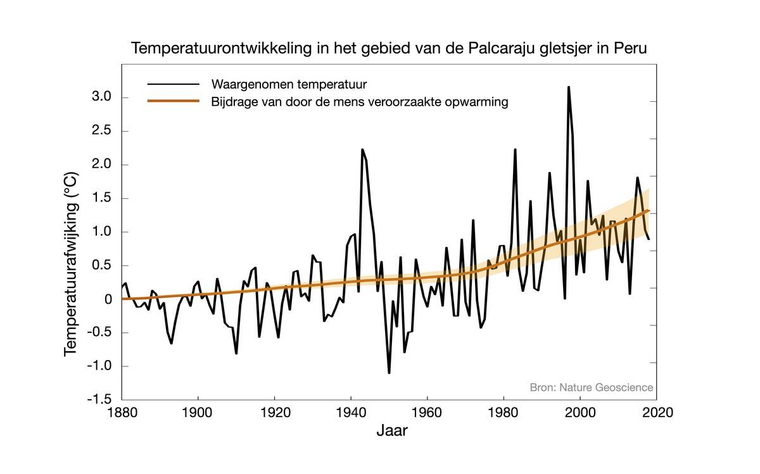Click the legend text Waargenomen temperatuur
coord(289,84)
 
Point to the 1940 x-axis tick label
coord(351,413)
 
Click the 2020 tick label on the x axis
coord(656,413)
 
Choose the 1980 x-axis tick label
coord(503,413)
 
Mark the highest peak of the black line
coord(569,87)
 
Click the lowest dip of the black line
coord(389,373)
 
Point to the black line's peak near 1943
coord(362,149)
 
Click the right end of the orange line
coord(648,211)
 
